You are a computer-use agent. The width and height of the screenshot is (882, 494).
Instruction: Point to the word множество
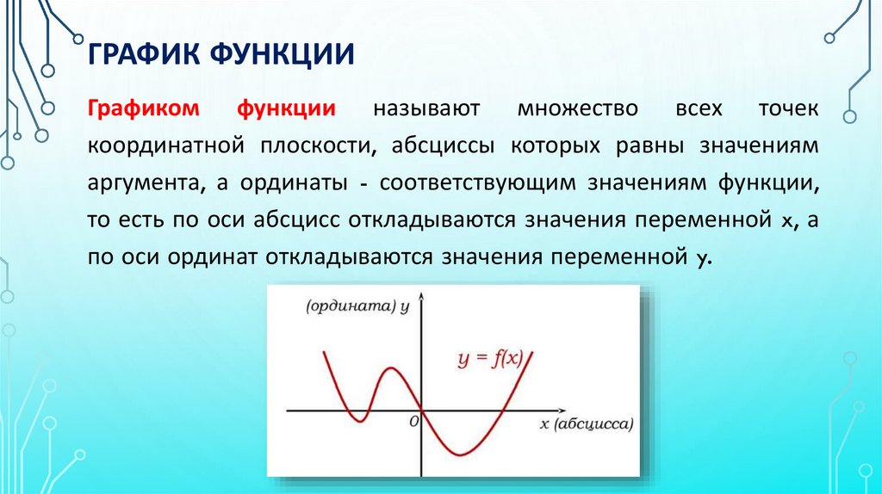click(x=578, y=109)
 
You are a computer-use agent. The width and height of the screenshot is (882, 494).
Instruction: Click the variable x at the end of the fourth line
click(x=786, y=220)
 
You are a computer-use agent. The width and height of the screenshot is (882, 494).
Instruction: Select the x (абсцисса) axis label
click(x=587, y=424)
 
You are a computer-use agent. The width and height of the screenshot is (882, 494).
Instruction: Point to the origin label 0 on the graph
click(x=413, y=421)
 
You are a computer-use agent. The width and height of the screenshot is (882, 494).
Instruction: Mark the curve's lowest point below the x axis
click(x=462, y=454)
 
